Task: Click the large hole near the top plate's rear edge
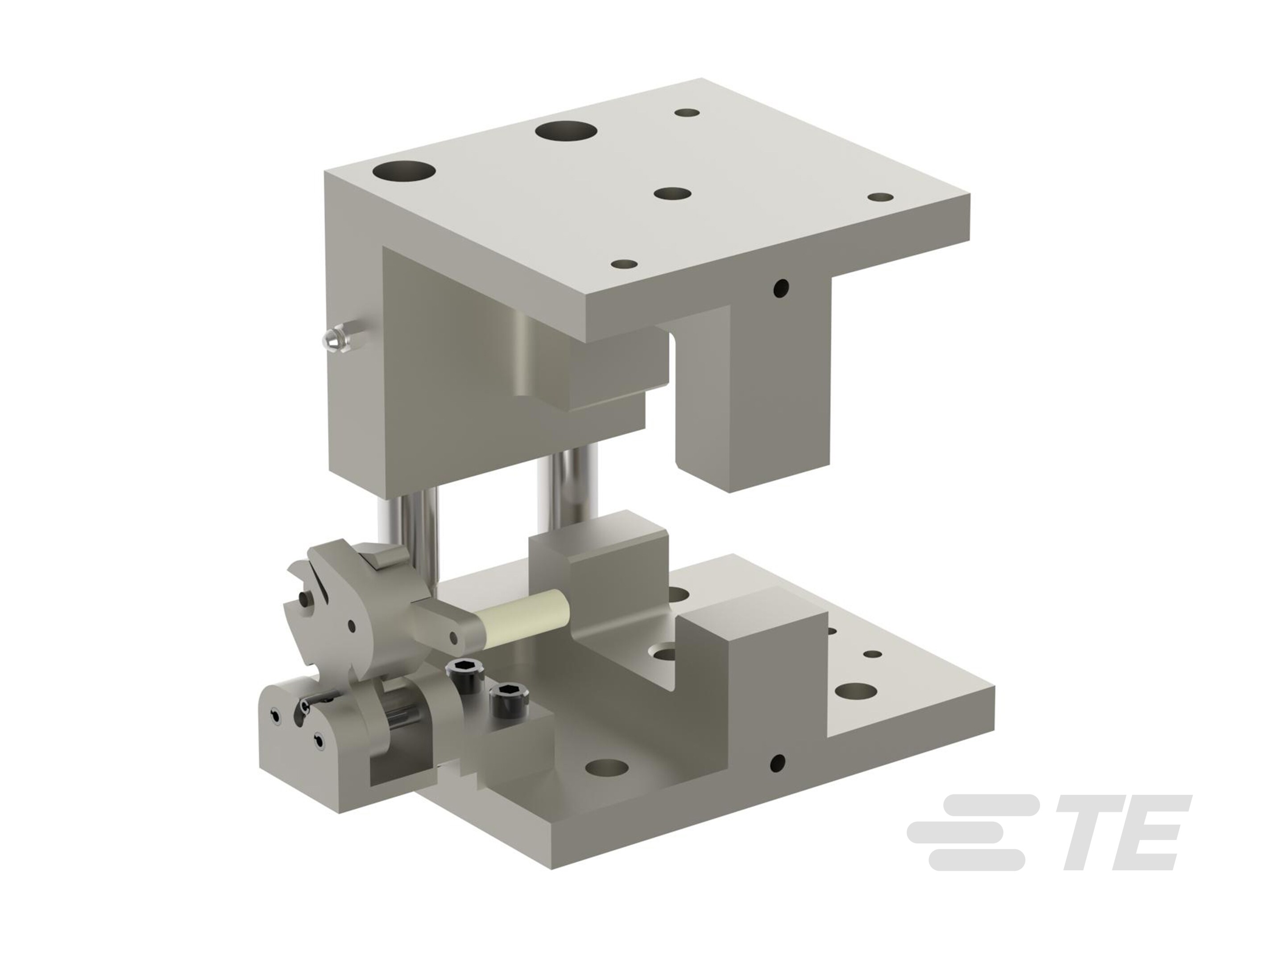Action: click(566, 131)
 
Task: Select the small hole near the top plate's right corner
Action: click(881, 198)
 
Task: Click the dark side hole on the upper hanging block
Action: click(782, 287)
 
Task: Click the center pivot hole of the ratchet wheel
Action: click(352, 626)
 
